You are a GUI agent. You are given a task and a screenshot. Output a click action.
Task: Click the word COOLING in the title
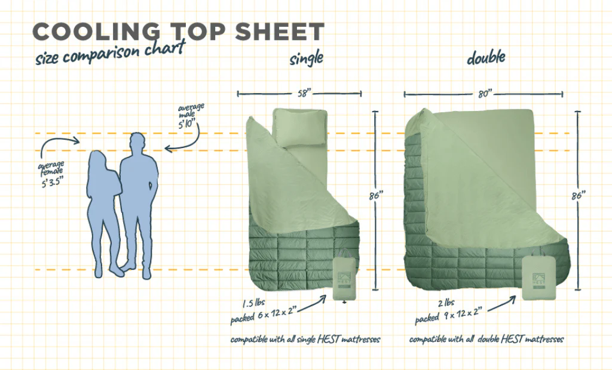tap(96, 32)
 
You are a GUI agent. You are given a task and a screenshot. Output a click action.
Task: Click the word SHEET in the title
tap(280, 32)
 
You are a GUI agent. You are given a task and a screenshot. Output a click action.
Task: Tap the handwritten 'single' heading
tap(307, 58)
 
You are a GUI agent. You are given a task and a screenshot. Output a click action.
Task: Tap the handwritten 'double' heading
tap(486, 58)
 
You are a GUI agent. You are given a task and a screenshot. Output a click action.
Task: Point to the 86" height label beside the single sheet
tap(375, 195)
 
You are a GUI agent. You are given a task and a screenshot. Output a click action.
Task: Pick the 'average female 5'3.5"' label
tap(52, 174)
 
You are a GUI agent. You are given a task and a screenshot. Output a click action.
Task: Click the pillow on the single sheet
tap(300, 127)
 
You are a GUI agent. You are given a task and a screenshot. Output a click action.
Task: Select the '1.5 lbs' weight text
tap(253, 303)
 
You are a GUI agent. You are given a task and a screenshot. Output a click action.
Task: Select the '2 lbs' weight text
tap(446, 303)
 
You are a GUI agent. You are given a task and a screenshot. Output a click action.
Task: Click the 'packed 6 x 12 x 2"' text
tap(264, 315)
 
